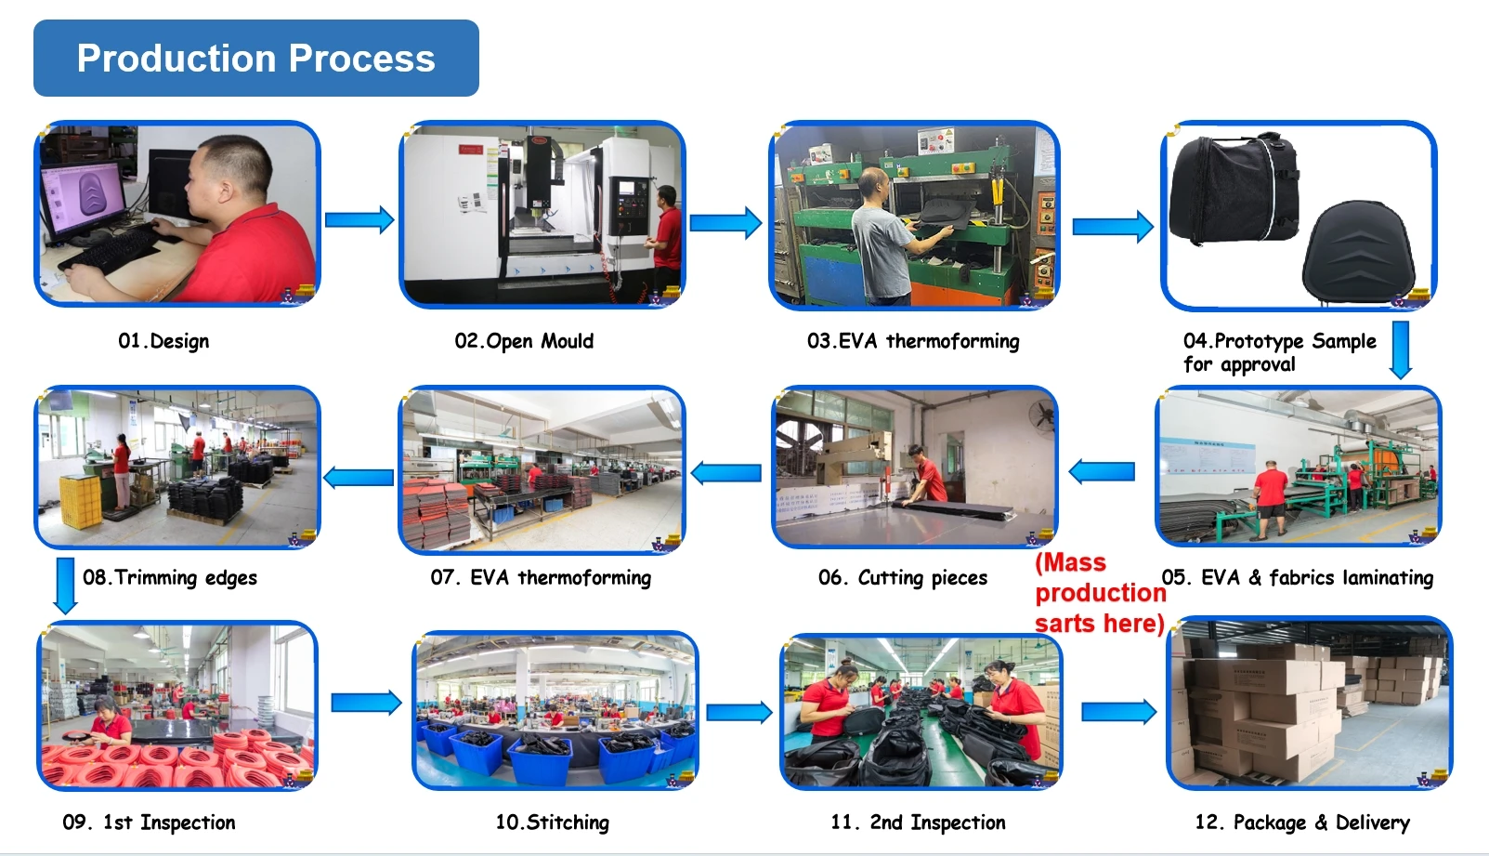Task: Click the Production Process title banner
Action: [256, 58]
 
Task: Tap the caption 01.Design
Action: [163, 341]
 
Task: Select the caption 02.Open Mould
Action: [524, 341]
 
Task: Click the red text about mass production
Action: [1100, 593]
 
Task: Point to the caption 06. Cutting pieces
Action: [903, 577]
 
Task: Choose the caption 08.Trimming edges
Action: [169, 577]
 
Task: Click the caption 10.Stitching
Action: [552, 823]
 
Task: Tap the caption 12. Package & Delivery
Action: [1302, 823]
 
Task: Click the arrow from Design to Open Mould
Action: [359, 220]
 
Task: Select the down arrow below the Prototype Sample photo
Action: [1400, 349]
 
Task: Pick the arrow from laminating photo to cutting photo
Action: [1102, 471]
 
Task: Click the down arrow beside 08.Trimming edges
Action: [65, 586]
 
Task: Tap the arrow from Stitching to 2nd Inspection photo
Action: [739, 713]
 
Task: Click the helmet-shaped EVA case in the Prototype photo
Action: [1358, 253]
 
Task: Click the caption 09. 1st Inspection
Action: [149, 823]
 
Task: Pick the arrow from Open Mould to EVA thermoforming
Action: [725, 223]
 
